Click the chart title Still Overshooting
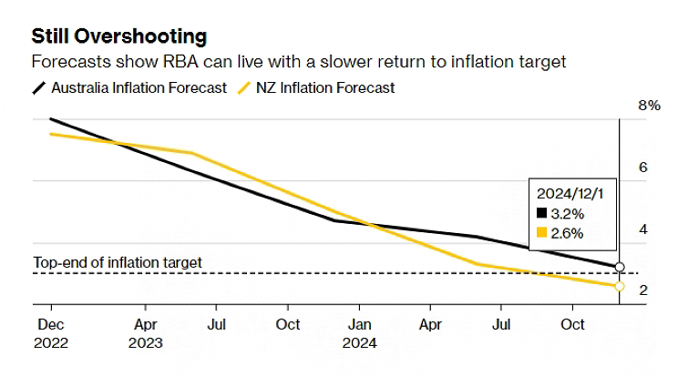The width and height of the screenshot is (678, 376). (x=118, y=36)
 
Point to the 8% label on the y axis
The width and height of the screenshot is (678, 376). (x=648, y=106)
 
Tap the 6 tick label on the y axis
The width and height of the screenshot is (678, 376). (x=642, y=168)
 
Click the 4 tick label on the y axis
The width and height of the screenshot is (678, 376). (x=642, y=229)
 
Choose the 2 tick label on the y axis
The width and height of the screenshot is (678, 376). (x=642, y=290)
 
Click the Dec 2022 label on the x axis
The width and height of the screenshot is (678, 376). (x=51, y=333)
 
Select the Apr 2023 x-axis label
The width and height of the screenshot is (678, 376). (x=146, y=333)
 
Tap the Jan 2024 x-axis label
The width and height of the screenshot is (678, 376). (x=359, y=333)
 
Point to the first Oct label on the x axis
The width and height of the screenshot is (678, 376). (x=288, y=324)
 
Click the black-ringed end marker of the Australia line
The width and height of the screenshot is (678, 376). (x=620, y=267)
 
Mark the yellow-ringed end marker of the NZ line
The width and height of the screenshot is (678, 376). (x=620, y=286)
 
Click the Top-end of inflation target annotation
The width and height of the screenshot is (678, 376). (x=118, y=262)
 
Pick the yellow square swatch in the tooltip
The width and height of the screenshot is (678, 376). (x=541, y=233)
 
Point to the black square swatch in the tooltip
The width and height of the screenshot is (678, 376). (x=541, y=214)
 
